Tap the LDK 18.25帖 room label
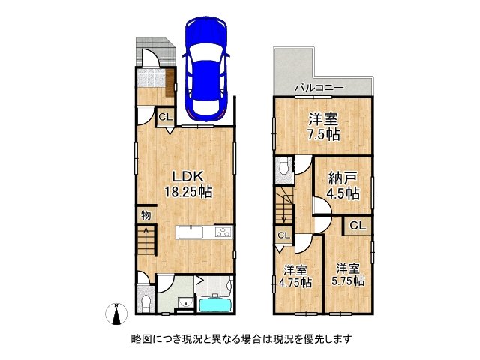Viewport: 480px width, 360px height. tap(188, 184)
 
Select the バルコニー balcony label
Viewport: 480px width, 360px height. tap(319, 88)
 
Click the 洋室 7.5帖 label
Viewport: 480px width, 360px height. tap(323, 126)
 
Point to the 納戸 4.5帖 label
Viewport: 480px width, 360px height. tap(343, 185)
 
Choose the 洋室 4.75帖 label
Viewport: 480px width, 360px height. tap(295, 277)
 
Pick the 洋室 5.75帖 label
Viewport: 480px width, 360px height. tap(349, 274)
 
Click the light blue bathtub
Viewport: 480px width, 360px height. tap(216, 304)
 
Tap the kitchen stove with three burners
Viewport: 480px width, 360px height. tap(223, 232)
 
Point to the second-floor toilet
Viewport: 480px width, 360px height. tap(282, 170)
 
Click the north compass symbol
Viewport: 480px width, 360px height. tap(115, 315)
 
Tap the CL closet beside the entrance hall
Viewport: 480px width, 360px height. tap(164, 117)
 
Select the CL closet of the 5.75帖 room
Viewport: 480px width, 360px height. tap(358, 225)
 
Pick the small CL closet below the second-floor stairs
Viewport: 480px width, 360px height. tap(283, 235)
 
